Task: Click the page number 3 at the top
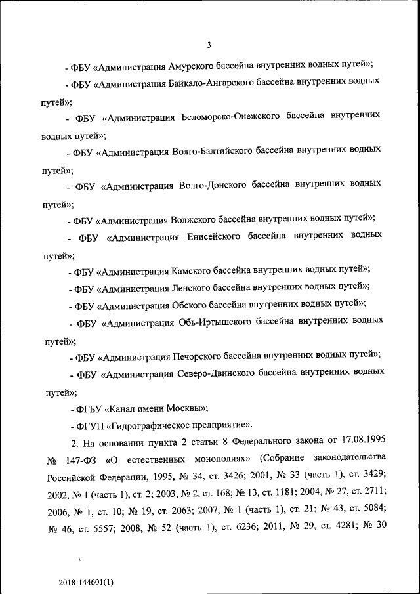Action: [209, 45]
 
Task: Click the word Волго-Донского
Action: [211, 186]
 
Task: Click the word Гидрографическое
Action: [154, 426]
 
